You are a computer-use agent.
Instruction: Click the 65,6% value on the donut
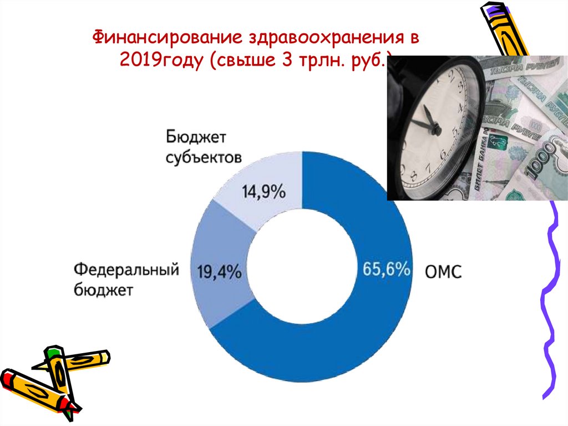tap(387, 269)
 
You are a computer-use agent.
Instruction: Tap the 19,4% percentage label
tap(219, 272)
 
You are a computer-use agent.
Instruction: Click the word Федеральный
tap(126, 270)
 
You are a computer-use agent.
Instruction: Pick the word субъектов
tap(204, 157)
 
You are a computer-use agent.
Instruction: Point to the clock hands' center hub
tap(436, 131)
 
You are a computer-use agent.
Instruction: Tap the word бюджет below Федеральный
tap(103, 289)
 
